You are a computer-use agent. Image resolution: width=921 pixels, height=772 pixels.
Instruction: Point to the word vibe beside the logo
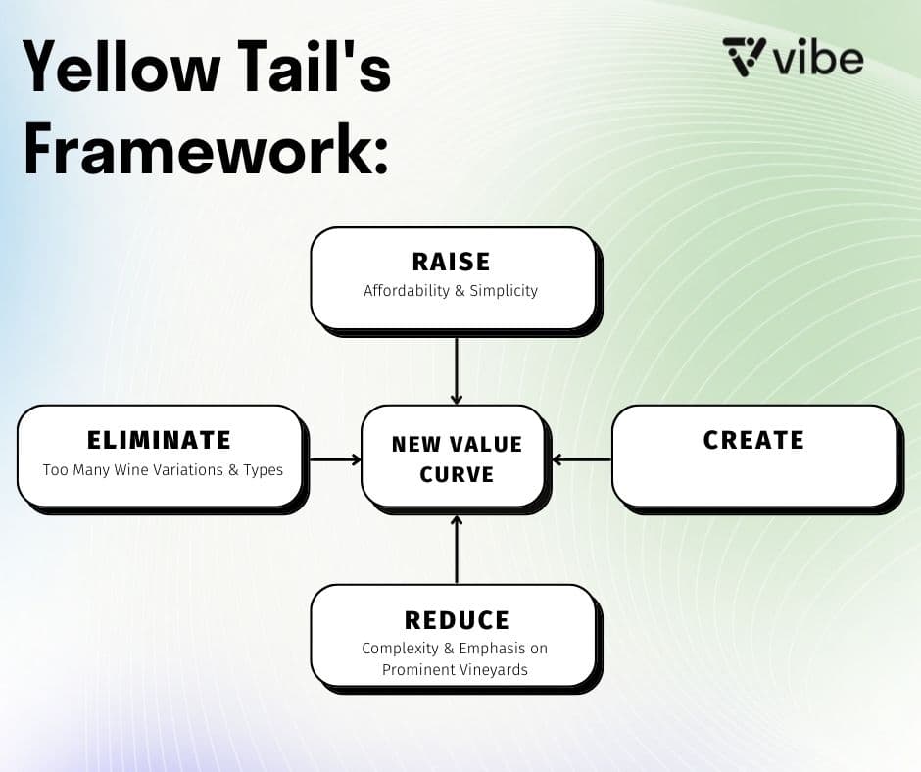point(817,58)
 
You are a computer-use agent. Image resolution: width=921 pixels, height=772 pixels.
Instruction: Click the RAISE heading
point(451,262)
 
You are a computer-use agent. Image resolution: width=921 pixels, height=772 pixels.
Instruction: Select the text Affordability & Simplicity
point(451,291)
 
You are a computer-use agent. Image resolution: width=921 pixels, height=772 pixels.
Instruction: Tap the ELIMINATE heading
point(159,440)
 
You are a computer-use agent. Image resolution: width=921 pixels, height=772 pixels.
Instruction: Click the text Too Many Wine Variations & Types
point(163,470)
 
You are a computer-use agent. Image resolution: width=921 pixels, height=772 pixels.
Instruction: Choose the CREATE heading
point(753,440)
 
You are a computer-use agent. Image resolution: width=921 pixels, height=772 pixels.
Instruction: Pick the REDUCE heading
point(457,620)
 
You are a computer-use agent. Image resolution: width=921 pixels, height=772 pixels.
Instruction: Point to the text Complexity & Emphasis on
point(455,649)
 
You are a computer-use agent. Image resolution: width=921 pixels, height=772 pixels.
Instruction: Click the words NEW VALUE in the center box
point(457,444)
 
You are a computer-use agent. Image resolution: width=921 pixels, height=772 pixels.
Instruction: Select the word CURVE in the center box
point(457,475)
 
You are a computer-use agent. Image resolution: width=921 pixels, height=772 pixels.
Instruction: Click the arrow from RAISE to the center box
point(457,369)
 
